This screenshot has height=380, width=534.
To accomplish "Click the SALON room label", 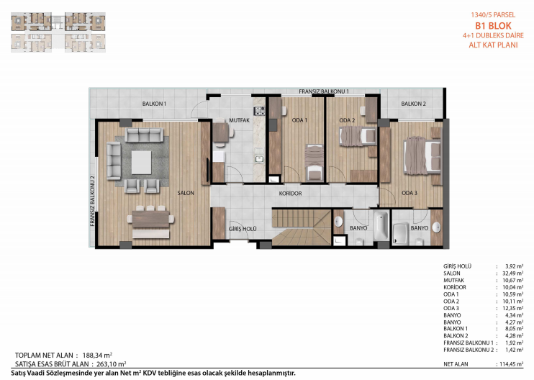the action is (186, 193).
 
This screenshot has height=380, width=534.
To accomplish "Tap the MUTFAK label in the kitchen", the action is (239, 120).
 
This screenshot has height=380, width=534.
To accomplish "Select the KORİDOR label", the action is (290, 194).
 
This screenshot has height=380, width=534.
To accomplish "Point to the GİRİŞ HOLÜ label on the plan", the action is (243, 229).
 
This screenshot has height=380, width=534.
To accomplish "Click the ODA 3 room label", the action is (409, 193).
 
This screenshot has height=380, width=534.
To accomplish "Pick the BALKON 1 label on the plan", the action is (154, 104).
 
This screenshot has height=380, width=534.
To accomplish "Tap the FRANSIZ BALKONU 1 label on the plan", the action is (324, 91).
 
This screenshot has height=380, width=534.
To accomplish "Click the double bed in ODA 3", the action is (422, 155).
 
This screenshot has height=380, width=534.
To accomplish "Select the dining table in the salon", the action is (150, 219).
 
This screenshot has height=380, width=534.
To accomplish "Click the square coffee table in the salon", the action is (141, 163).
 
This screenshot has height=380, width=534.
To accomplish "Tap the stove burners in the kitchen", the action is (259, 110).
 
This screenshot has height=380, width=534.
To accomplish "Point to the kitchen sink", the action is (259, 159).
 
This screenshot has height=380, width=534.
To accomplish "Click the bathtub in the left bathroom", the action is (381, 225).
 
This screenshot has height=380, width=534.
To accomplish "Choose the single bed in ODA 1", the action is (314, 162).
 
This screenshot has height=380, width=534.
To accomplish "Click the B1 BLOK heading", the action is (493, 26).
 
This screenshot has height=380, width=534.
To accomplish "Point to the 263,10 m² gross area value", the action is (111, 364).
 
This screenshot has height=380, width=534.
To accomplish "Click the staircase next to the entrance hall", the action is (302, 227).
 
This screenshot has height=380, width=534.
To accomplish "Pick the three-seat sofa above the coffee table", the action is (144, 135).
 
